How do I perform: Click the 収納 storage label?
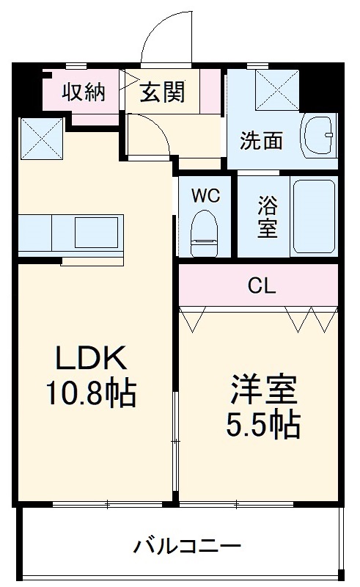[83, 92]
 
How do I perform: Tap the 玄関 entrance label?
[162, 92]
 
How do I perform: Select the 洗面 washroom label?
[262, 141]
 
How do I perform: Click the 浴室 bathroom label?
[267, 216]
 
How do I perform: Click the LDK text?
[93, 360]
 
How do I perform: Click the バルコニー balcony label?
[187, 547]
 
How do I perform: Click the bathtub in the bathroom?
[314, 216]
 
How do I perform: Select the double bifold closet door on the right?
[311, 318]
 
